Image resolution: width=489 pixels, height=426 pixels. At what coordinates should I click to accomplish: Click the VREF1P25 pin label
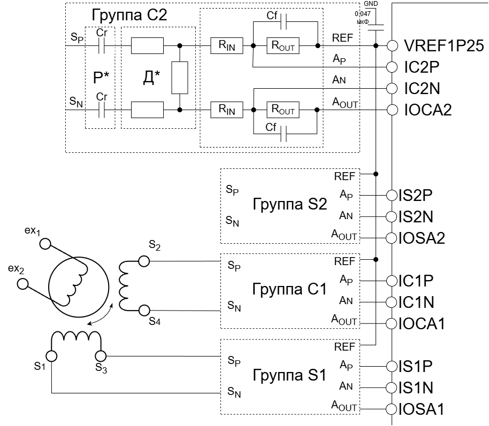pos(444,46)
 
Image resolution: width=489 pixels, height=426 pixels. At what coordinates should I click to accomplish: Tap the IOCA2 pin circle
pos(392,110)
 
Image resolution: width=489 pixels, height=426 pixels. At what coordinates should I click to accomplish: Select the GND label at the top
pos(371,4)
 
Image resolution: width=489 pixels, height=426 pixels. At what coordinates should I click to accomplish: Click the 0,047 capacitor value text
pos(363,14)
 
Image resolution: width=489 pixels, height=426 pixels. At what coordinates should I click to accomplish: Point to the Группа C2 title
pos(129,15)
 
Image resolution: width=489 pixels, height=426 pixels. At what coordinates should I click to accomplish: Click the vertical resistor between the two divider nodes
pos(180,78)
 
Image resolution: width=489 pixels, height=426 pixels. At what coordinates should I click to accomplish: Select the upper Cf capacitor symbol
pos(284,21)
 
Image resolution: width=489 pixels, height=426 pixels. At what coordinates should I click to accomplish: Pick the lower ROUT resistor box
pos(283,110)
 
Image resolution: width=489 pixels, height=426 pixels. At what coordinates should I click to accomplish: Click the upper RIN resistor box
pos(227,46)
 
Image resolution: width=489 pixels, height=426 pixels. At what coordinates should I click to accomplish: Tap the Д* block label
pos(151,78)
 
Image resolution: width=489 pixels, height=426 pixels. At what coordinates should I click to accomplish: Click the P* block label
pos(101,78)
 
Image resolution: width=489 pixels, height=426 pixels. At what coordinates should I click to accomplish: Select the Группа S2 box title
pos(290,204)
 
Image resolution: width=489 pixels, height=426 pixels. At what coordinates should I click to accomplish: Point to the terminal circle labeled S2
pos(144,261)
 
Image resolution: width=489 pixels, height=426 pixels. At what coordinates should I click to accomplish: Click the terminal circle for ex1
pos(45,244)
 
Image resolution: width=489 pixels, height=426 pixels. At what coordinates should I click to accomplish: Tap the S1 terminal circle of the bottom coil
pos(51,356)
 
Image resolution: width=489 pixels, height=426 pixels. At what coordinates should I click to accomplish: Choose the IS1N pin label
pos(416,388)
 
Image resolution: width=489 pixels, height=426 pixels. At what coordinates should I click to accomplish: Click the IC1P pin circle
pos(392,281)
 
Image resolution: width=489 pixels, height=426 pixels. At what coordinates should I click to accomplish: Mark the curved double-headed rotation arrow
pos(101,315)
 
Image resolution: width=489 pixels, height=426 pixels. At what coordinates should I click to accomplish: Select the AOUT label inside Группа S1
pos(344,407)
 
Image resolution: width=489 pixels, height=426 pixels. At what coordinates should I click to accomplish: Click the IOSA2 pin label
pos(422,238)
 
